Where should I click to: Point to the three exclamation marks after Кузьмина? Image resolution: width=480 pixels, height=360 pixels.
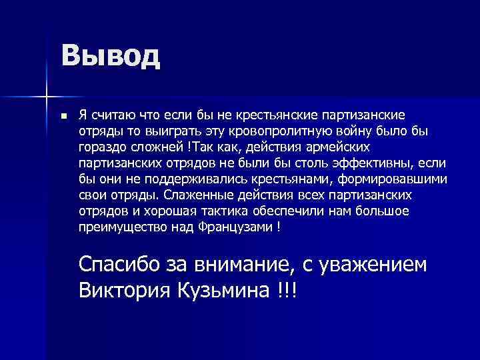[289, 290]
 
